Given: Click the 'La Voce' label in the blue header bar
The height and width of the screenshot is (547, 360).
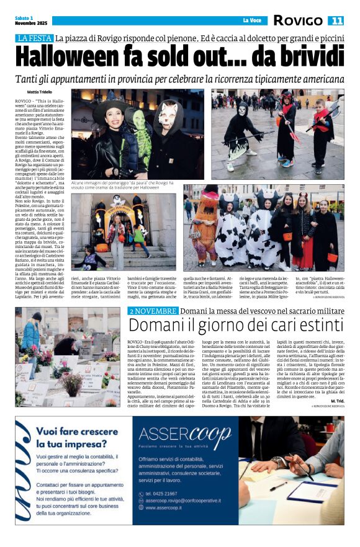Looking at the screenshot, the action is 251,20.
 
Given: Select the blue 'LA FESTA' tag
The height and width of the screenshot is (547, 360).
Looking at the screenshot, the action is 34,38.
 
